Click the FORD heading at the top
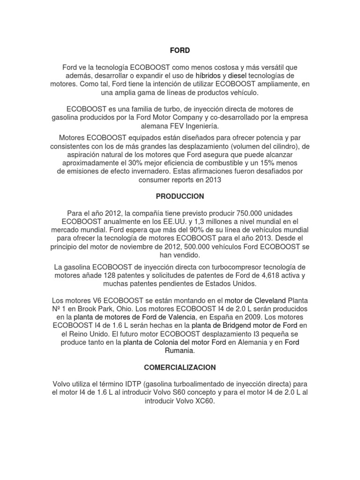tap(180, 50)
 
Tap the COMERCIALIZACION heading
tap(180, 369)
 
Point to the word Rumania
tap(180, 351)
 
